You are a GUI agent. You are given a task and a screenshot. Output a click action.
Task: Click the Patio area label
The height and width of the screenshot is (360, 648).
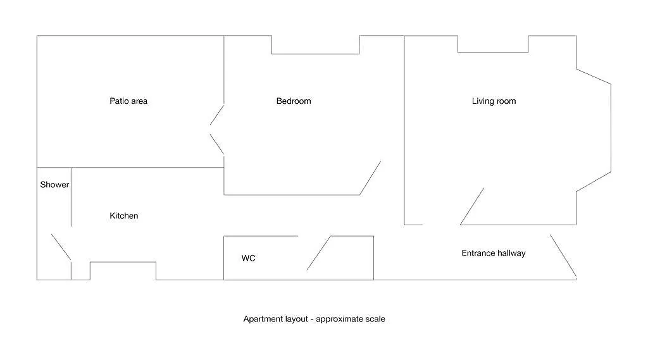(x=128, y=101)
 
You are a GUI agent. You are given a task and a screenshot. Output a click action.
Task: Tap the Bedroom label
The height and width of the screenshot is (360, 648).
(x=294, y=101)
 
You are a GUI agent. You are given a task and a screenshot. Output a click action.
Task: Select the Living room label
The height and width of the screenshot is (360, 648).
(x=494, y=101)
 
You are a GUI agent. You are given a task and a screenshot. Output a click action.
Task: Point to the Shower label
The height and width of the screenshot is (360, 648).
(x=54, y=185)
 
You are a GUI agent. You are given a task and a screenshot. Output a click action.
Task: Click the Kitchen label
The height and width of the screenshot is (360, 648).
(x=123, y=216)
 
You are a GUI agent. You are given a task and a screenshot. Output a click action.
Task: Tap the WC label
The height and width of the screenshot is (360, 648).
(x=248, y=258)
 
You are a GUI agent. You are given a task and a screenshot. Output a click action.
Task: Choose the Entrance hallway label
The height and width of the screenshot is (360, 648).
(x=494, y=253)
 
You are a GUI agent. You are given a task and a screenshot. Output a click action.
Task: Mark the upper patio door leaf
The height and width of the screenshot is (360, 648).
(x=217, y=115)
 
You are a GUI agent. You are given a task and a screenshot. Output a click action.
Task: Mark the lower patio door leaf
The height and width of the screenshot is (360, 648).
(x=217, y=144)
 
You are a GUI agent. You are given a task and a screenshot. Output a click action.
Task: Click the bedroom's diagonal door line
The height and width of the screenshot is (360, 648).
(x=370, y=178)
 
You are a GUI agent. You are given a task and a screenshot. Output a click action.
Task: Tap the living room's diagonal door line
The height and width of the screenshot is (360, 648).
(x=472, y=207)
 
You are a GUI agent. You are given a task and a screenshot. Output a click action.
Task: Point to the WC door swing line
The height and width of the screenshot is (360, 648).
(x=319, y=253)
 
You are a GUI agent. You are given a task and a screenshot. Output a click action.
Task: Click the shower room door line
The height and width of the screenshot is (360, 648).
(x=61, y=247)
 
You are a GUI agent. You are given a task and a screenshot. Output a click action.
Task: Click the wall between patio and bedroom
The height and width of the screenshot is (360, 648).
(x=224, y=70)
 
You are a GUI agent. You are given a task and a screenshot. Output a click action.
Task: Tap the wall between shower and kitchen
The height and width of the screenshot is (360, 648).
(x=71, y=197)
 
